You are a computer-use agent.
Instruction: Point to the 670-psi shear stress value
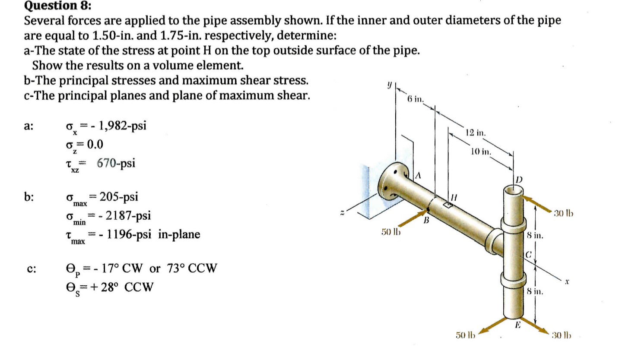click(x=116, y=163)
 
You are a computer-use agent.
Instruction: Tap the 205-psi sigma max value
click(x=119, y=197)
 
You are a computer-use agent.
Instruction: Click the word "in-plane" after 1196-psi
click(x=179, y=234)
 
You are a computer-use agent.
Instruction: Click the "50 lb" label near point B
click(x=389, y=233)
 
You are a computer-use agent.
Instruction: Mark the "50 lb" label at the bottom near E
click(x=465, y=335)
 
